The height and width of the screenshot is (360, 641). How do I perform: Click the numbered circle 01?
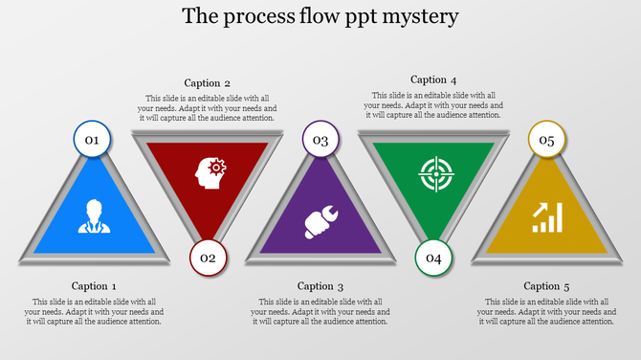[93, 140]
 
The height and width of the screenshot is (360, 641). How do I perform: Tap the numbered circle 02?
[208, 257]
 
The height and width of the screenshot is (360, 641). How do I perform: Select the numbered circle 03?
[320, 140]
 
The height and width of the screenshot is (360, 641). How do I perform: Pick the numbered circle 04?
[433, 257]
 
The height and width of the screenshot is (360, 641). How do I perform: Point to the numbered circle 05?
[546, 140]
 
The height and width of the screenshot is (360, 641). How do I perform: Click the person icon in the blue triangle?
[93, 215]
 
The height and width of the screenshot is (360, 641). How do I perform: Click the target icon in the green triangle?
[433, 173]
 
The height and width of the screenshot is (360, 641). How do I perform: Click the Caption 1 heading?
[95, 285]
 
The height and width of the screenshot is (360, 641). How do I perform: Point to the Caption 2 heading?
[208, 83]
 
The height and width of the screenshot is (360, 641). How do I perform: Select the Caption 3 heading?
[320, 285]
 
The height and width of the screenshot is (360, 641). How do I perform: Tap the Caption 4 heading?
[433, 79]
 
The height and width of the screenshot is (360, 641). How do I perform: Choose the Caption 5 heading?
[546, 285]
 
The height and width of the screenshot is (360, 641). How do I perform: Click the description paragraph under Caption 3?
[320, 311]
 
